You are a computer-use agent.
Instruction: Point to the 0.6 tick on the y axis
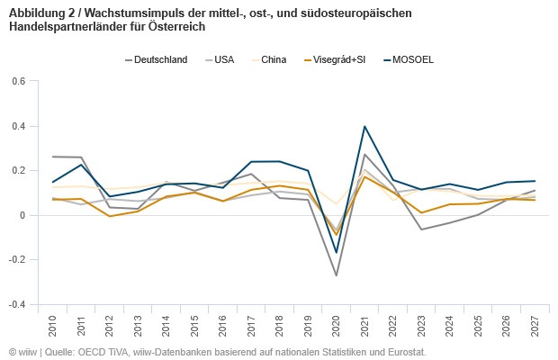[19, 81]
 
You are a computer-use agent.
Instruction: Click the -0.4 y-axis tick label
[17, 304]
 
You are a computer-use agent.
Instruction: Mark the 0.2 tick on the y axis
[19, 170]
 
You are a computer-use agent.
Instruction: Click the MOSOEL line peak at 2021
[364, 126]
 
